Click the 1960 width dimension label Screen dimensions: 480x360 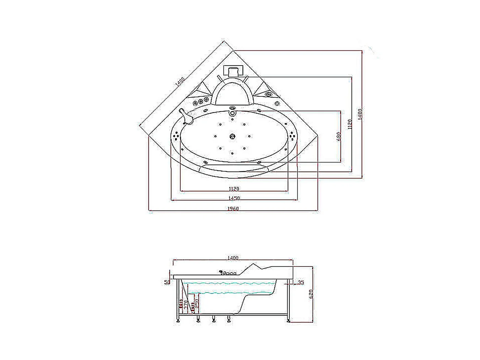(233, 208)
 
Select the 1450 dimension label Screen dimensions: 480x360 (234, 198)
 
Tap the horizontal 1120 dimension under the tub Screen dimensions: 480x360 (234, 189)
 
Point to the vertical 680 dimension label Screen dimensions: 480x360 (339, 137)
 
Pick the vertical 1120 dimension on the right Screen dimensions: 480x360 (350, 124)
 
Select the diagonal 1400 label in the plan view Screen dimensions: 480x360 (180, 82)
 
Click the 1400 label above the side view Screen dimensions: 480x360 (233, 258)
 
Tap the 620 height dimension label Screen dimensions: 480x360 (311, 294)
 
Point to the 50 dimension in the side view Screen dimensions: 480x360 (167, 282)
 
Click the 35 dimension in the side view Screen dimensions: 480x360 (301, 283)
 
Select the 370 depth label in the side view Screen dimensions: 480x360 (186, 304)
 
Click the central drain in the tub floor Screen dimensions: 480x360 (232, 136)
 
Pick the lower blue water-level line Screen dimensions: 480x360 (226, 293)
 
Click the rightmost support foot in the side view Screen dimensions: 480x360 (289, 320)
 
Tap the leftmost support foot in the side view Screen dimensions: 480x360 (178, 320)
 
